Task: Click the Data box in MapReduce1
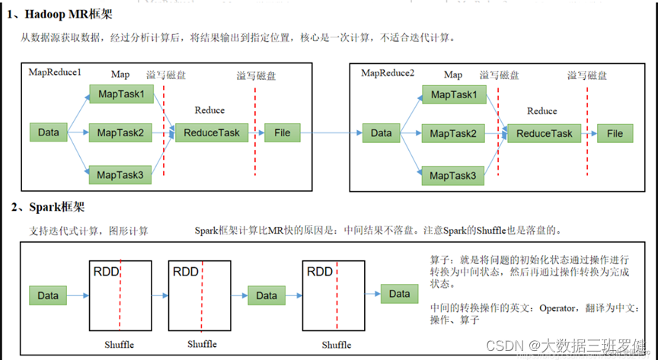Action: coord(49,132)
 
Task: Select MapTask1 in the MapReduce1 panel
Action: coord(120,94)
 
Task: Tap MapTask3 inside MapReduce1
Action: coord(120,174)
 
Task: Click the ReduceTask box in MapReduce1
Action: coord(207,132)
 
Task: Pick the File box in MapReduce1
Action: coord(282,132)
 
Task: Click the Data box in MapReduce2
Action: coord(381,133)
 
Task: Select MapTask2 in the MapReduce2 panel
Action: coord(453,133)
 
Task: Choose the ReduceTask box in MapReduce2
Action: coord(544,133)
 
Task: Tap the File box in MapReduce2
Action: coord(615,133)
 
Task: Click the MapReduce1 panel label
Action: coord(55,72)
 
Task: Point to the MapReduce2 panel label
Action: coord(388,72)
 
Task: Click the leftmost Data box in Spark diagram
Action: coord(48,295)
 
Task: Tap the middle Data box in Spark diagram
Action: coord(267,295)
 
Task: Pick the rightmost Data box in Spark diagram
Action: coord(399,293)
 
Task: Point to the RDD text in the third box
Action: coord(318,272)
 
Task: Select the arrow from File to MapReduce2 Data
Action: coord(329,133)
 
